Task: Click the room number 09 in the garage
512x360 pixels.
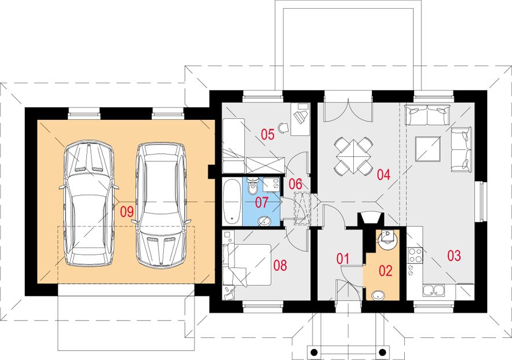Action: [127, 212]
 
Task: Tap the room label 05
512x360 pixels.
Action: [268, 134]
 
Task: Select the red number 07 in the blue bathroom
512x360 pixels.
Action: [262, 203]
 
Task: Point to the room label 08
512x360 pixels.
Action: [280, 265]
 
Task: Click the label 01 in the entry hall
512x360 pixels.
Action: [343, 259]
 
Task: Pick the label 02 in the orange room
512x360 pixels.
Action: [385, 270]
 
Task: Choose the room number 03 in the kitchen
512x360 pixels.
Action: [454, 256]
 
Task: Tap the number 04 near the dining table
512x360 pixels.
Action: [383, 175]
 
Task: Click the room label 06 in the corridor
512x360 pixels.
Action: [295, 184]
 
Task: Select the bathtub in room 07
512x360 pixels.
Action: [232, 201]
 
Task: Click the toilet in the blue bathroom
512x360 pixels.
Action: [252, 185]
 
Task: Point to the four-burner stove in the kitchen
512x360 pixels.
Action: [415, 255]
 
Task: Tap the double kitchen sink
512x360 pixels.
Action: [434, 290]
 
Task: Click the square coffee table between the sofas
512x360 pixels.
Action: [428, 149]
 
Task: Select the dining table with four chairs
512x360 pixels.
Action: [353, 156]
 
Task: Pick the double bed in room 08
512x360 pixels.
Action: [247, 265]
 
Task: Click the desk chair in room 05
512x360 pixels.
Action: [283, 127]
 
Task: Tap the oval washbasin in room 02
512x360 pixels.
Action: [378, 295]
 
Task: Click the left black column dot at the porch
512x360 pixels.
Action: [314, 352]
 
